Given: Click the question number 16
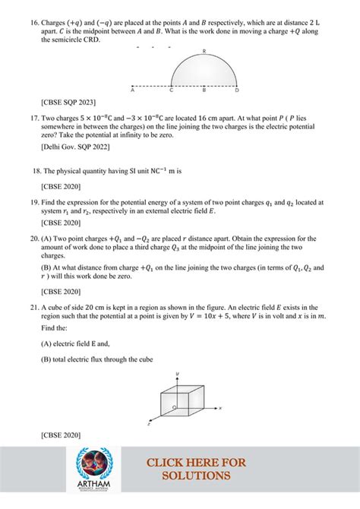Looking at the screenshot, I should tap(33, 24).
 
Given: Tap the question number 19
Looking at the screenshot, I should tap(33, 202).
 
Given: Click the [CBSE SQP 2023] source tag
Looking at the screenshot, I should tap(68, 101).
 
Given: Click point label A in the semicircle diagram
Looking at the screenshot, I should tap(132, 90).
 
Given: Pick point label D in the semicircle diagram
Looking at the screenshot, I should tap(237, 90).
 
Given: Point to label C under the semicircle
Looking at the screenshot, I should tap(172, 90).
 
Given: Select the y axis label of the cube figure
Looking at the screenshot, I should tap(177, 373).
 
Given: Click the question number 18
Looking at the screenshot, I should tap(36, 171).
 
